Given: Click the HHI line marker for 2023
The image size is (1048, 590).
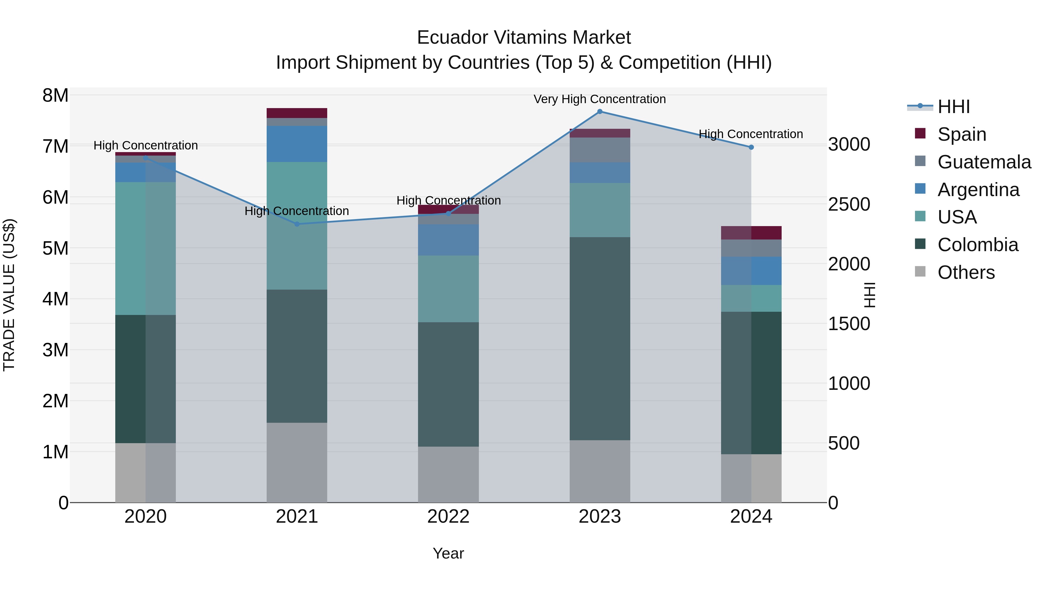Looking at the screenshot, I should pos(600,112).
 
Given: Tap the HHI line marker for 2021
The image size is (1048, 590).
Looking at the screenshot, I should pos(297,224).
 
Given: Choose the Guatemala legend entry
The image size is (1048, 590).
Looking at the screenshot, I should pos(984,162).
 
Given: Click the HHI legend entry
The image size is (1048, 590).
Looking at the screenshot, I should pos(953,107).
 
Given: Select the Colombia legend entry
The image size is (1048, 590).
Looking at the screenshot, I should pos(977,245).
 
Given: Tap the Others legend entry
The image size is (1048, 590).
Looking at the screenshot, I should pos(966,272).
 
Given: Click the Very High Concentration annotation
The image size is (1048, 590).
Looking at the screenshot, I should pos(600,99).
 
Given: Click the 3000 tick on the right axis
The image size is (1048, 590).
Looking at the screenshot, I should pos(849,145).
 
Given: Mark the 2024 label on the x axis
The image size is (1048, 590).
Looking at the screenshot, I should pos(751,517).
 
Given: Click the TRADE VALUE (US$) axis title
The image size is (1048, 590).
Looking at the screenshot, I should pos(9,295).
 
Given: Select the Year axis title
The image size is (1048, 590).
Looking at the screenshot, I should pos(448,553).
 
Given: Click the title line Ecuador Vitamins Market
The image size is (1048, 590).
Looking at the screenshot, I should pos(524,38).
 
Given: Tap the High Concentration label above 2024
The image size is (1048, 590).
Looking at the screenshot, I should pos(750,134).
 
